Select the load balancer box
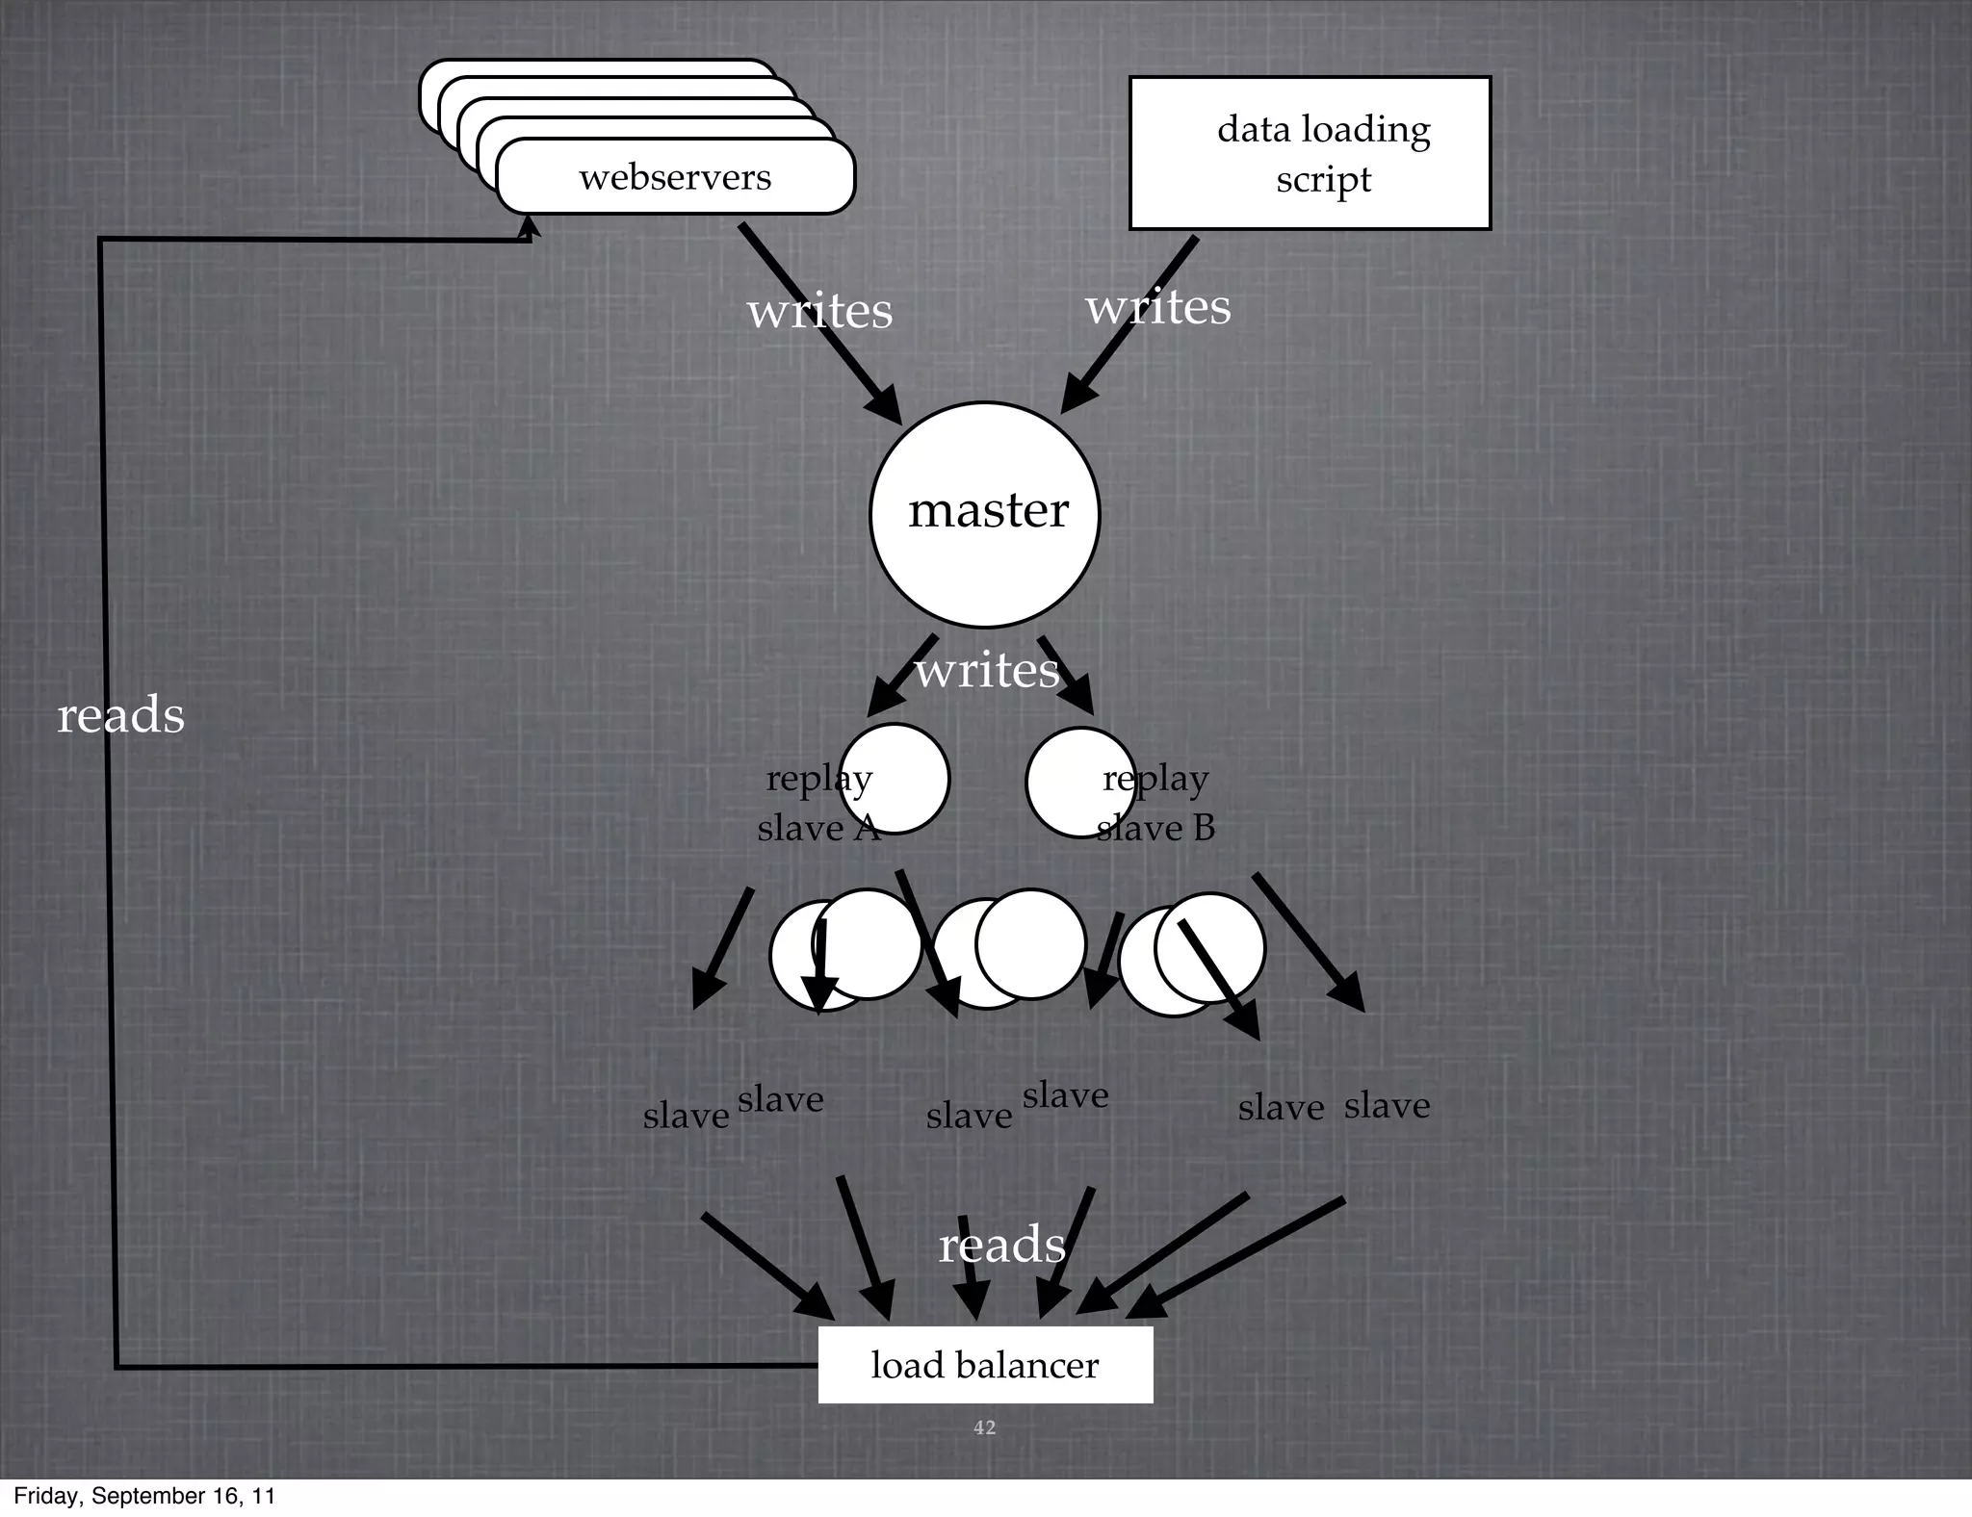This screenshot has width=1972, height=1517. (985, 1365)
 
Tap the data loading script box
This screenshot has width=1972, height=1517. (1310, 153)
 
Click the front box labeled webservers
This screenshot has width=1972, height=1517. (675, 177)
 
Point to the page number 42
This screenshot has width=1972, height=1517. (984, 1427)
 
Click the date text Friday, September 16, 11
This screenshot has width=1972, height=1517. (144, 1496)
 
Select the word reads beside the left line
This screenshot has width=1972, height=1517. (120, 715)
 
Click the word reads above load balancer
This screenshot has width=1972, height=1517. (1001, 1245)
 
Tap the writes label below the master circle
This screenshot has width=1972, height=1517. (986, 670)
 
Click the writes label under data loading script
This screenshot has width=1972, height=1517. (1158, 307)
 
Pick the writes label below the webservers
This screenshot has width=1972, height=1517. (819, 311)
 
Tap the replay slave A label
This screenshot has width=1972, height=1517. (818, 803)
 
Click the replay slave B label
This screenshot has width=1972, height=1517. (1155, 803)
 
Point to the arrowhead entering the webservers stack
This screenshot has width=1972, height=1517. (529, 225)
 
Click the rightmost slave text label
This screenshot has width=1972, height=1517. (1387, 1105)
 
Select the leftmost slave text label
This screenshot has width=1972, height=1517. (686, 1116)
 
